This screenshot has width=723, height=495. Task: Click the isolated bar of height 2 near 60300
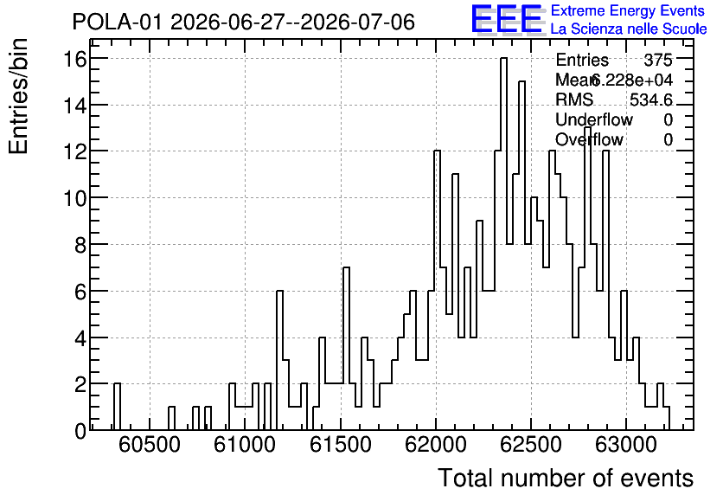tap(117, 407)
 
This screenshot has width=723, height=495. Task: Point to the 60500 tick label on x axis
tap(150, 445)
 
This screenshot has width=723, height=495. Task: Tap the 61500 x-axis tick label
tap(340, 445)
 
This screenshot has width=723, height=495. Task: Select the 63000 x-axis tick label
tap(626, 445)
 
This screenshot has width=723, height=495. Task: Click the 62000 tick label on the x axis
tap(436, 445)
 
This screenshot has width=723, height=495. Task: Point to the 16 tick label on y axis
tap(75, 59)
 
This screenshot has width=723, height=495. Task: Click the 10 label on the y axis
tap(75, 198)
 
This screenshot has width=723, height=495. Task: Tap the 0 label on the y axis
tap(80, 430)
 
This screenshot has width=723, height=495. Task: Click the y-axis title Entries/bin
tap(18, 97)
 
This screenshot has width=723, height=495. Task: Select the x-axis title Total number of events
tap(566, 478)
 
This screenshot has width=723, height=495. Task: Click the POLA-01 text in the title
tap(118, 22)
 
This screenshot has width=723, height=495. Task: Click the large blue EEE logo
tap(507, 19)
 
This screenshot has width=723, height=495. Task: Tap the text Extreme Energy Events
tap(628, 10)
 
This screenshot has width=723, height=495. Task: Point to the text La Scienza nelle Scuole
tap(629, 29)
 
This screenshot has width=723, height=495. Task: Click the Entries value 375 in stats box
tap(658, 60)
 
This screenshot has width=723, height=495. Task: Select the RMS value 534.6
tap(651, 100)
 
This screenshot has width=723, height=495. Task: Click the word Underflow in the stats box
tap(594, 119)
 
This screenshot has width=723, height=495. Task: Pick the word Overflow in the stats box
tap(589, 139)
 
